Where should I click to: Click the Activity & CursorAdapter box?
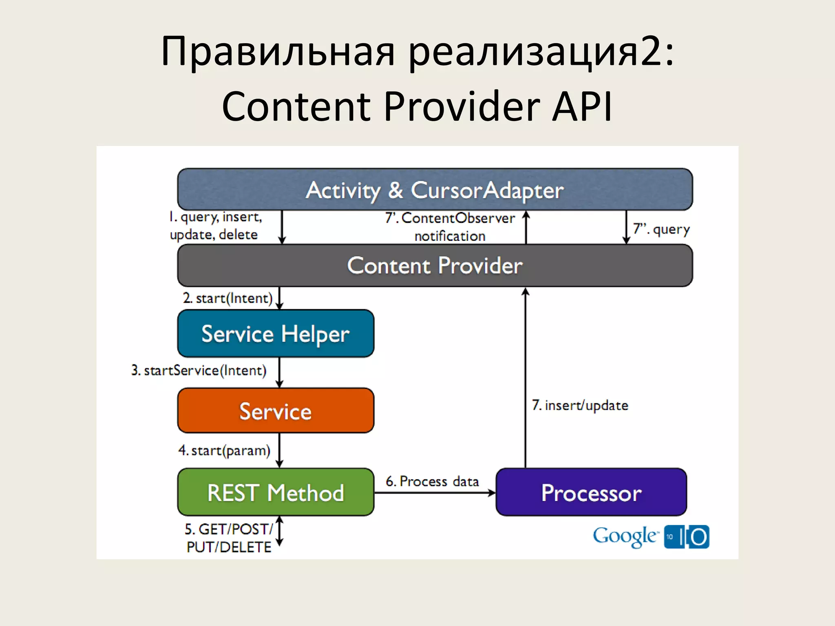click(435, 190)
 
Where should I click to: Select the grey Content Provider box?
click(435, 266)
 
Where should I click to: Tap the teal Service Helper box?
click(276, 334)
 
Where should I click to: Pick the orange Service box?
click(276, 411)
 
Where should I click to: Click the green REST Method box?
click(276, 492)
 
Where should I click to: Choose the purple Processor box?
click(591, 492)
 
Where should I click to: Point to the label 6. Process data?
click(432, 481)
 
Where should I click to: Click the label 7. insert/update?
click(580, 406)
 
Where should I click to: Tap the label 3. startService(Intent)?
click(199, 370)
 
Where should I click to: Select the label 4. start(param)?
click(224, 451)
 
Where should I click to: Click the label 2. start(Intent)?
click(228, 298)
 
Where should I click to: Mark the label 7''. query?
click(661, 229)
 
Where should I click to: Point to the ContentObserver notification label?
click(450, 227)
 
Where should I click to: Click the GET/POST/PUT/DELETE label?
click(229, 538)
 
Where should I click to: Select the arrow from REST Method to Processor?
click(435, 493)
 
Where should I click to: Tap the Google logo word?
click(625, 536)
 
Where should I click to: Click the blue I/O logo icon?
click(687, 537)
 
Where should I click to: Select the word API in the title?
click(582, 107)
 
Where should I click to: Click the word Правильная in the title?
click(278, 52)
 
